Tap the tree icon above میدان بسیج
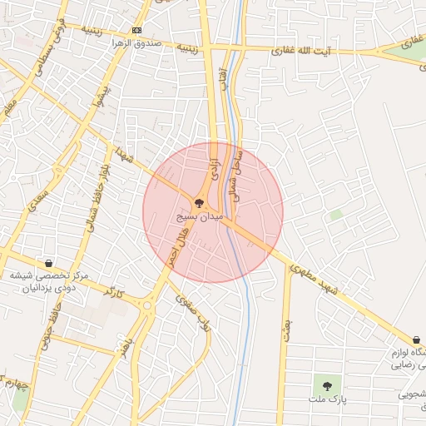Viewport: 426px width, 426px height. click(199, 202)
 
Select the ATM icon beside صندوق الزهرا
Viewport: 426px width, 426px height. click(137, 30)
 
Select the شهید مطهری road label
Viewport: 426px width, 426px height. click(313, 279)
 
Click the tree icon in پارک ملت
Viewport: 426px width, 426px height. click(327, 385)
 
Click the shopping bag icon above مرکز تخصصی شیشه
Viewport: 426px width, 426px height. click(48, 263)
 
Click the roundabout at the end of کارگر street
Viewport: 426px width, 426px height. click(148, 305)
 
